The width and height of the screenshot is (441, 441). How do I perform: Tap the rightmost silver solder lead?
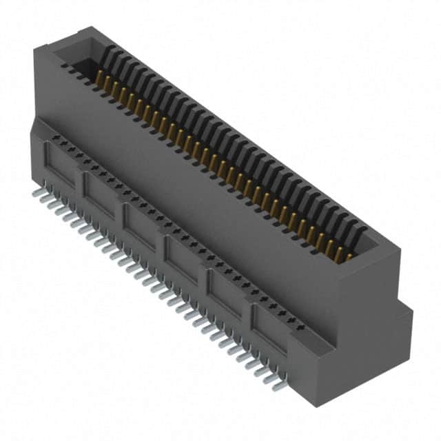point(279,386)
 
